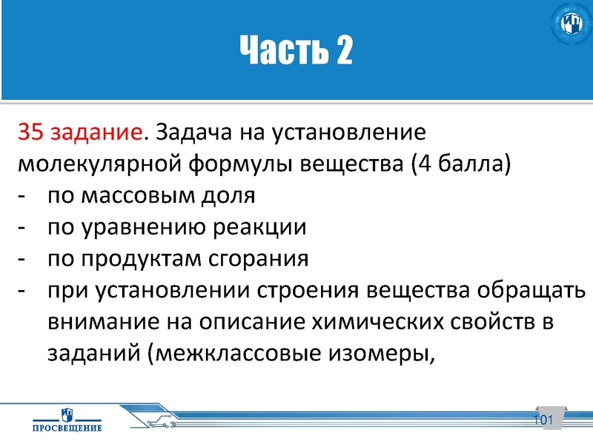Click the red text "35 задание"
(x=79, y=132)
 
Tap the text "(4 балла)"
(x=460, y=164)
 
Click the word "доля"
(x=228, y=196)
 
